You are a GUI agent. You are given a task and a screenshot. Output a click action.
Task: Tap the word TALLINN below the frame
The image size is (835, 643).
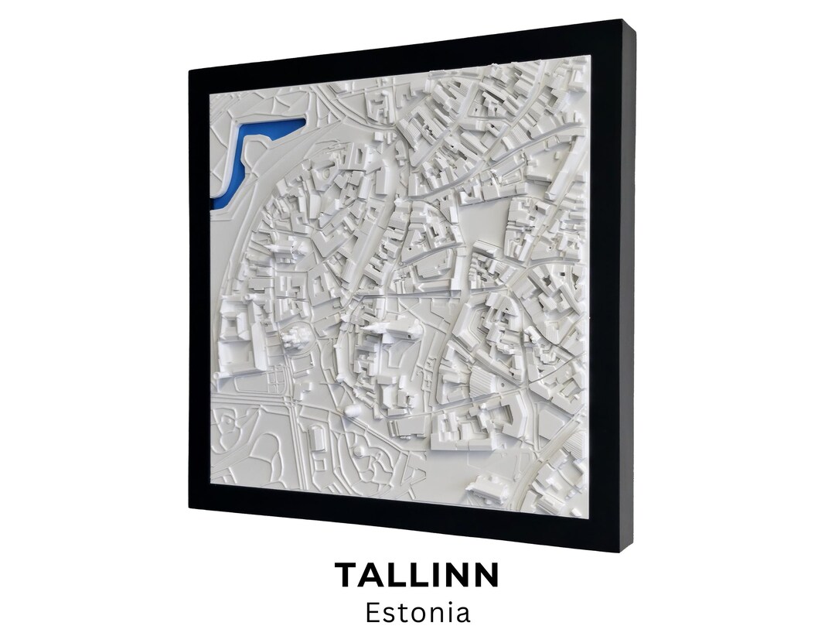[417, 576]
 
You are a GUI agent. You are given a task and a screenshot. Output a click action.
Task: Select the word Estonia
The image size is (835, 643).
[417, 613]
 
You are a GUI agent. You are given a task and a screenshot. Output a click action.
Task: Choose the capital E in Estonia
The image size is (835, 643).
[373, 613]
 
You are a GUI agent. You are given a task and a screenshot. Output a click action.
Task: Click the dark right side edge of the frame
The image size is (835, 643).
[628, 286]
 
